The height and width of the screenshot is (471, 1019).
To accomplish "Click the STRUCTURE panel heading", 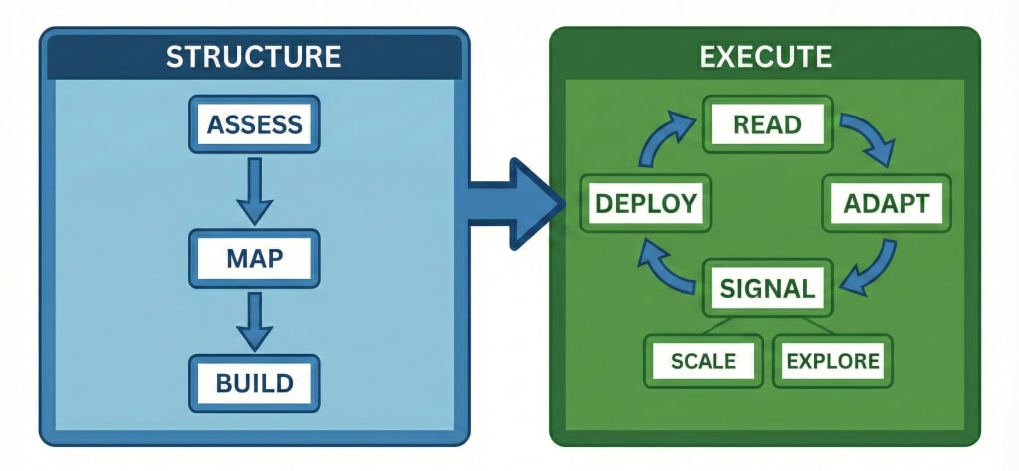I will pos(253,56).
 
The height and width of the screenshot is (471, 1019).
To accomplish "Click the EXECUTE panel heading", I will pos(765,56).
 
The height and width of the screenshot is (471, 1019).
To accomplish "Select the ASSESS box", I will pos(253,124).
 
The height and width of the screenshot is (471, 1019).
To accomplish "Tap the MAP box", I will pos(253,259).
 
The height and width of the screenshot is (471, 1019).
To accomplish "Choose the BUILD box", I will pos(253,382).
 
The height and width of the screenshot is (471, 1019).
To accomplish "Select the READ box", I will pos(766,124).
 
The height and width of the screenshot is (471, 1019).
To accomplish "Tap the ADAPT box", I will pos(885,204).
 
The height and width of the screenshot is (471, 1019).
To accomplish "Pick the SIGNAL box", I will pos(767,289).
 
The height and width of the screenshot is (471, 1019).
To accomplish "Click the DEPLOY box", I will pos(645,204).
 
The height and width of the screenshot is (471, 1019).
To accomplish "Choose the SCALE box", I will pos(703,360).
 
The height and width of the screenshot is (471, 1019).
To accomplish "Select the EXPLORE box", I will pos(833,360).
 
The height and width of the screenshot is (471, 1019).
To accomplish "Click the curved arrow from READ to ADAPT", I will pos(866,139).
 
